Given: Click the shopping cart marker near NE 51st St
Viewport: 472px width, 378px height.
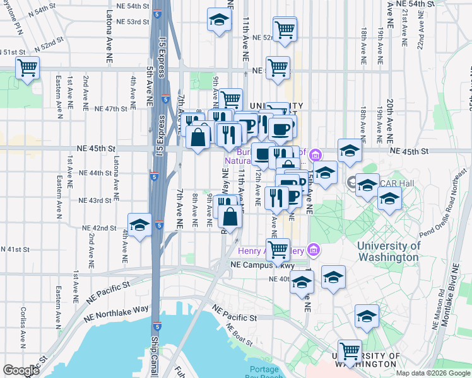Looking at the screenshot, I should click(27, 67).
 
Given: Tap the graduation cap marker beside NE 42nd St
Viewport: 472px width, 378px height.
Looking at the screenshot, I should click(139, 225).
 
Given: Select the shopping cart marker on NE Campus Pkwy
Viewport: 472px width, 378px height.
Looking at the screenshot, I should click(278, 249).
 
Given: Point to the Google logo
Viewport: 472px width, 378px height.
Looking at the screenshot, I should click(21, 370).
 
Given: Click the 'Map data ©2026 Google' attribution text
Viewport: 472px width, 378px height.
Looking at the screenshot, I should click(434, 373).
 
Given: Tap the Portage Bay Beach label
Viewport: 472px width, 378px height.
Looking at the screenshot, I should click(268, 372).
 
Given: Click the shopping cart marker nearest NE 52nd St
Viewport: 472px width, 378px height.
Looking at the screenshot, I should click(285, 29).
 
